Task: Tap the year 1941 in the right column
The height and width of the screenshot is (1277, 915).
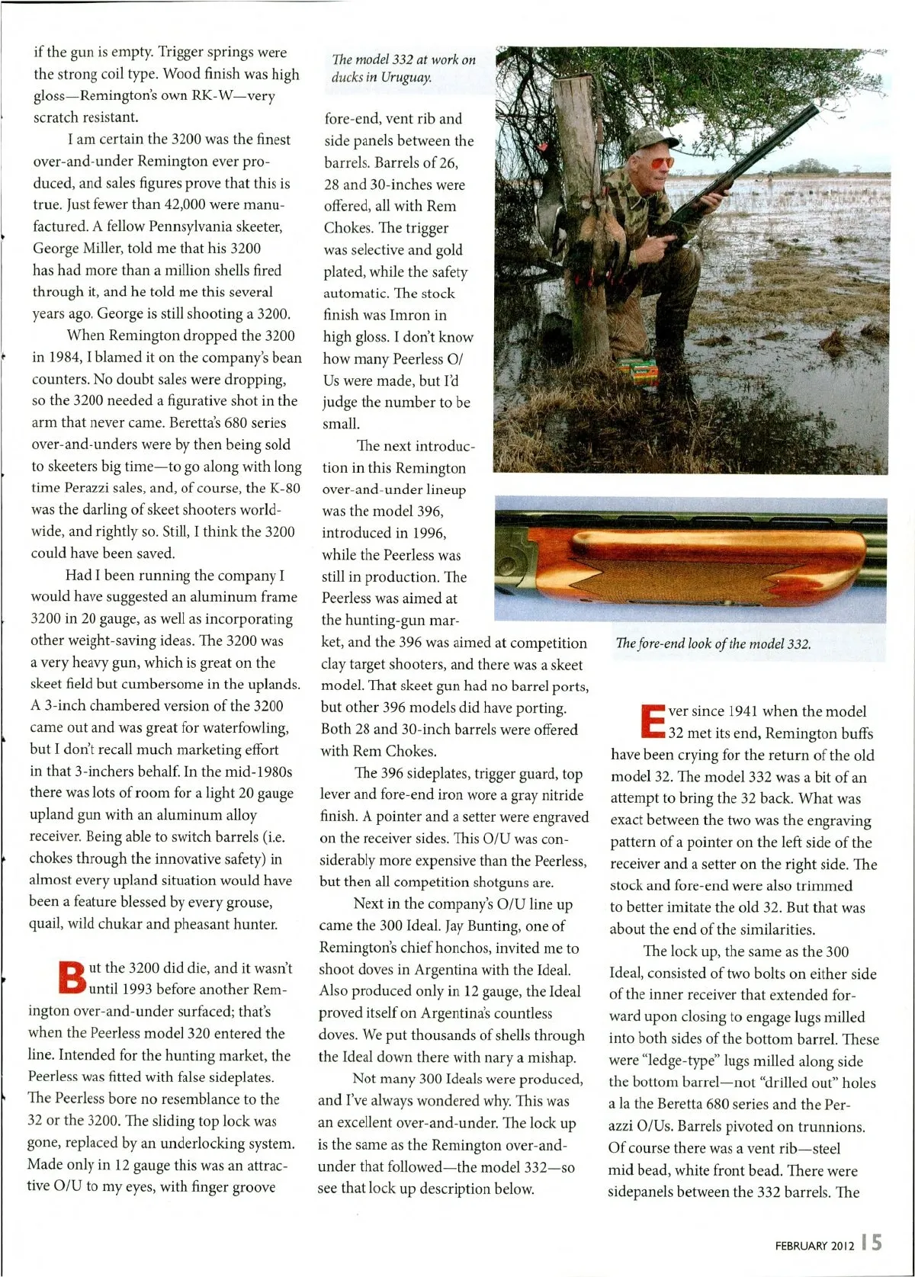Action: click(742, 711)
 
